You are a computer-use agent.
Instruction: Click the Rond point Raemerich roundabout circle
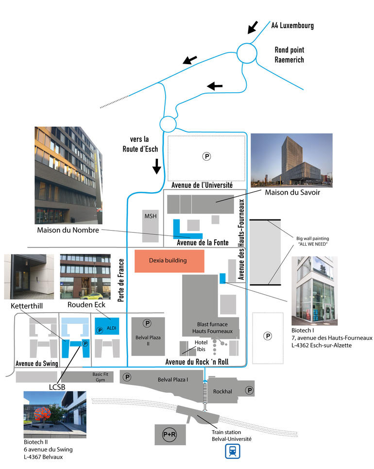247,53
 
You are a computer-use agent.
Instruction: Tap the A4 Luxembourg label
292,25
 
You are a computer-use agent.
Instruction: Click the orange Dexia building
170,261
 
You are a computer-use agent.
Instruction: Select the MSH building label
151,216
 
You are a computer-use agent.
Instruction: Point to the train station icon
233,452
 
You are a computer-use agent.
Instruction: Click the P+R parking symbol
170,435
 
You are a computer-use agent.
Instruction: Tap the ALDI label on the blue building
112,328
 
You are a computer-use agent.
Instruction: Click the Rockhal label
222,391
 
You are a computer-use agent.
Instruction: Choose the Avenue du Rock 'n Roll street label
197,362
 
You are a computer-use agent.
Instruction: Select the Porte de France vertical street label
121,280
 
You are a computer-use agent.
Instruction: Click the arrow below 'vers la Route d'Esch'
156,167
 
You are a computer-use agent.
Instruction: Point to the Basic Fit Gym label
100,377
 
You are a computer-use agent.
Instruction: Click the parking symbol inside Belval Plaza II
147,323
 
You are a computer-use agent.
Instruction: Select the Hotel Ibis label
201,346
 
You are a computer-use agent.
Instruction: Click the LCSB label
57,387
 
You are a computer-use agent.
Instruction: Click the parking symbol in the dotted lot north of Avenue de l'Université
206,156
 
